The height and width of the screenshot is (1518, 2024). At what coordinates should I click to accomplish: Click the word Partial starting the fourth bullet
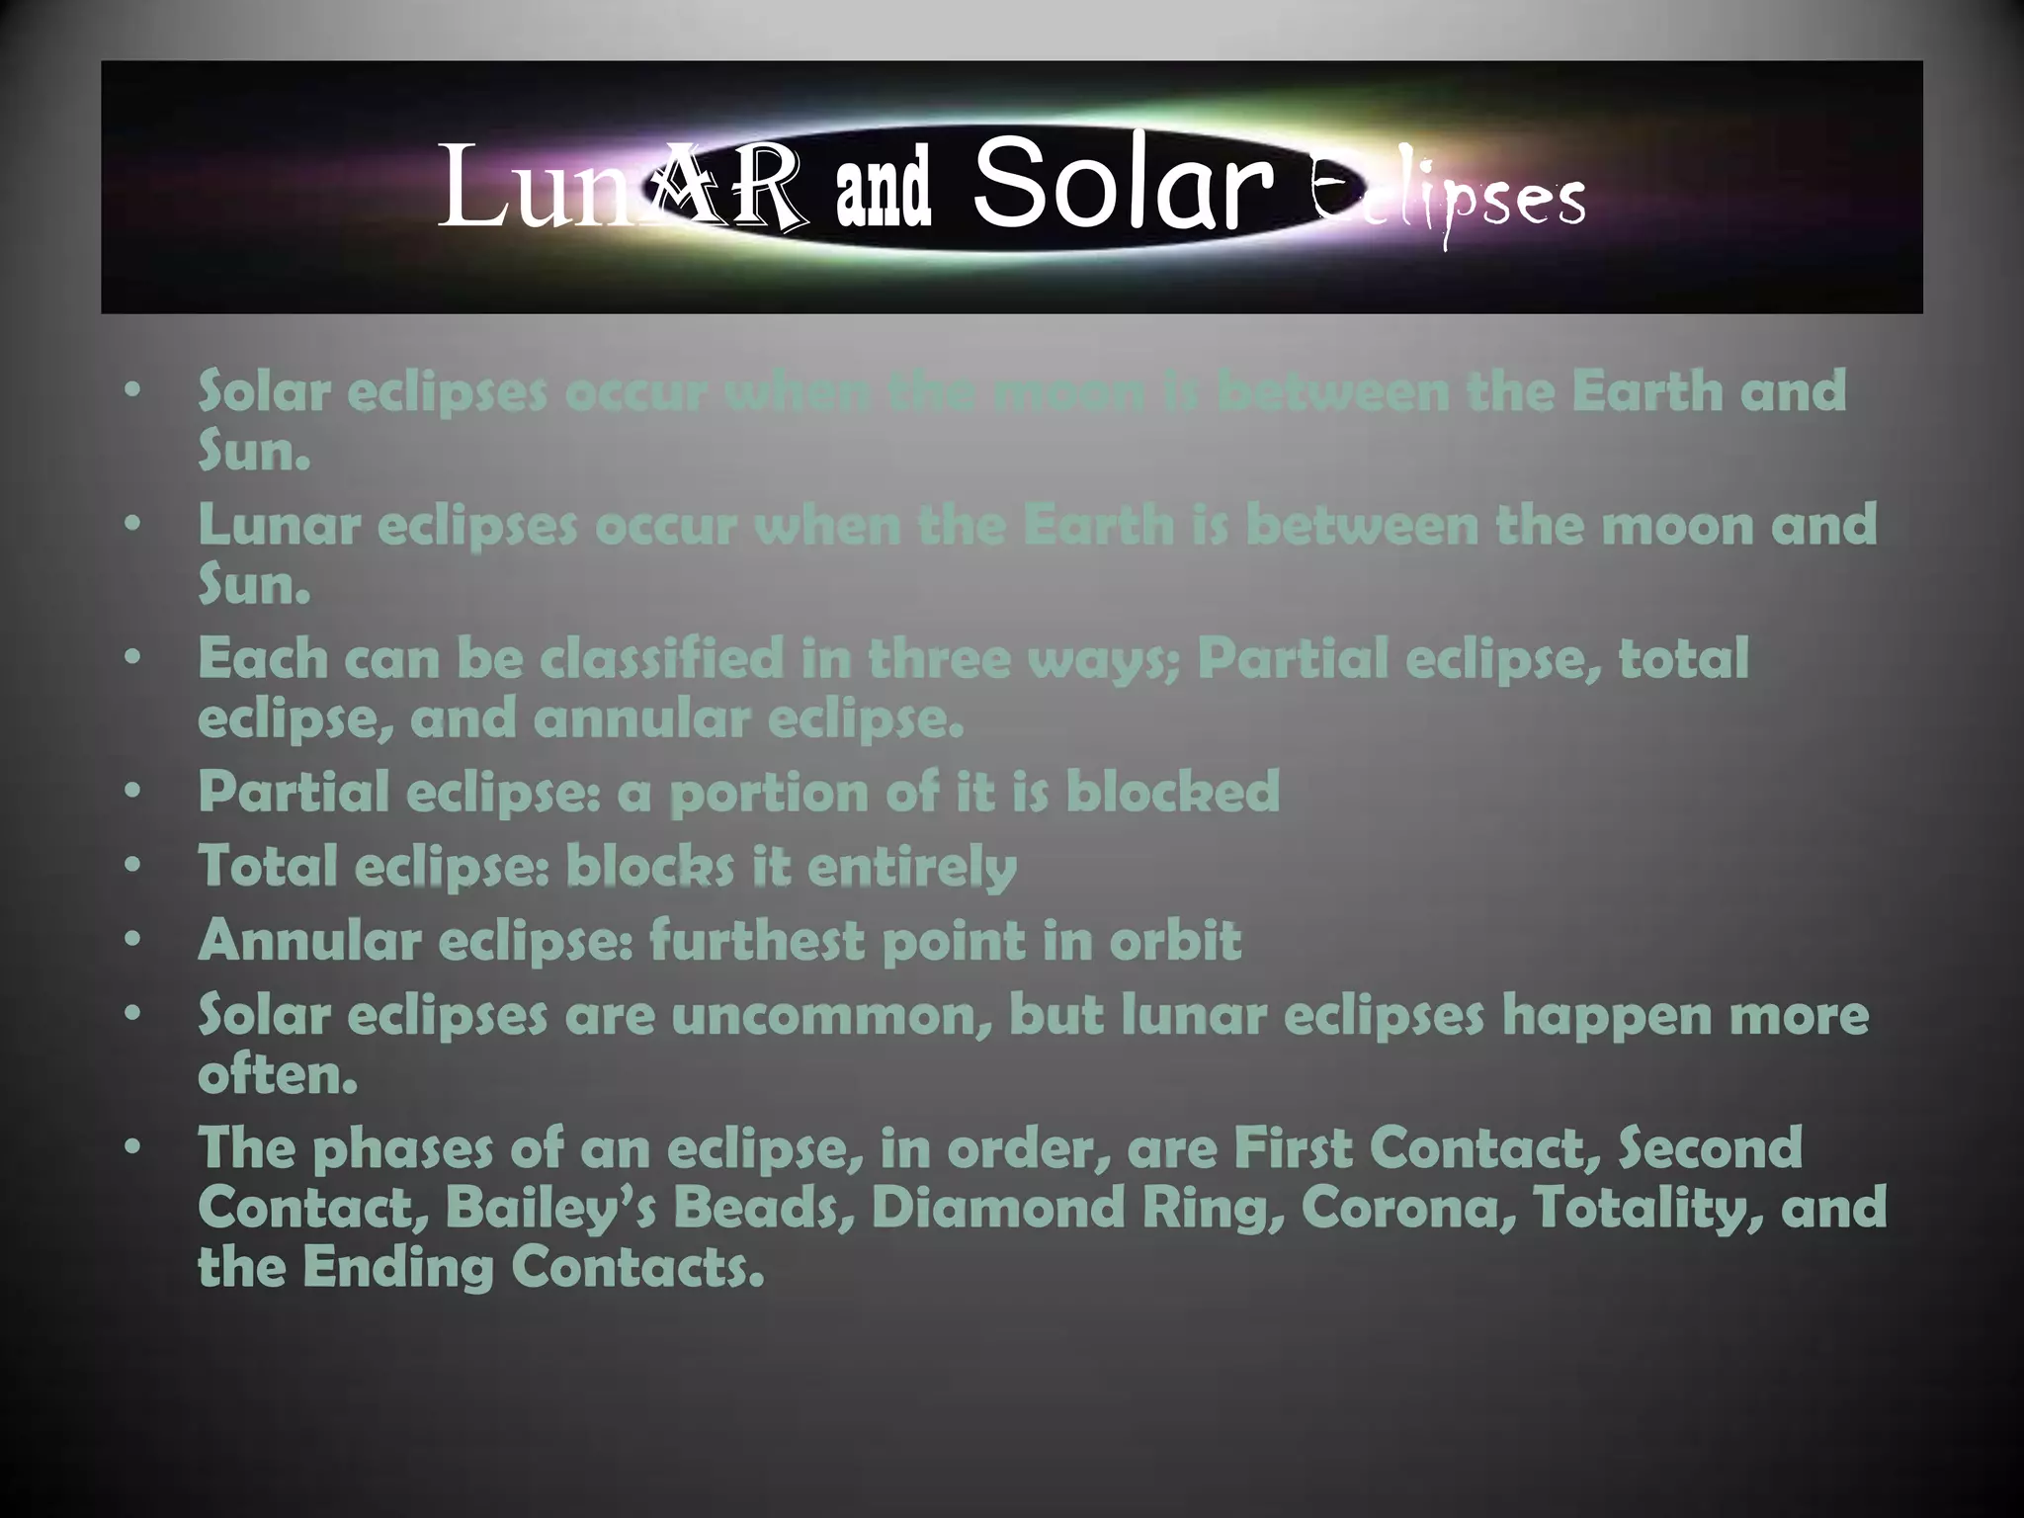tap(294, 792)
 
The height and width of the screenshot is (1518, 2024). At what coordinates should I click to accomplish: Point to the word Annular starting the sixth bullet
tap(309, 940)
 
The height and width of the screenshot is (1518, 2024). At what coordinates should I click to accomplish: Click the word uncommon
tap(831, 1015)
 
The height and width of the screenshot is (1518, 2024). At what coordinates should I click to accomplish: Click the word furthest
tap(756, 940)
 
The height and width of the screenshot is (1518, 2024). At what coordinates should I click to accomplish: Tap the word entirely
tap(911, 868)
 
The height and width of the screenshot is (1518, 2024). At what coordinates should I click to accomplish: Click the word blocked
tap(1172, 792)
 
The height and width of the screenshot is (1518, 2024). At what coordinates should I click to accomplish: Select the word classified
tap(661, 659)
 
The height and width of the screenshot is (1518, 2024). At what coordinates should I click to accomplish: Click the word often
tap(277, 1074)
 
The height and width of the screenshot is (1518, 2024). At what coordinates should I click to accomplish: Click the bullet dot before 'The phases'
tap(134, 1147)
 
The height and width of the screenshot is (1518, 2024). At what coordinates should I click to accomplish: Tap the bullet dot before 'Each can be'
tap(134, 658)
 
